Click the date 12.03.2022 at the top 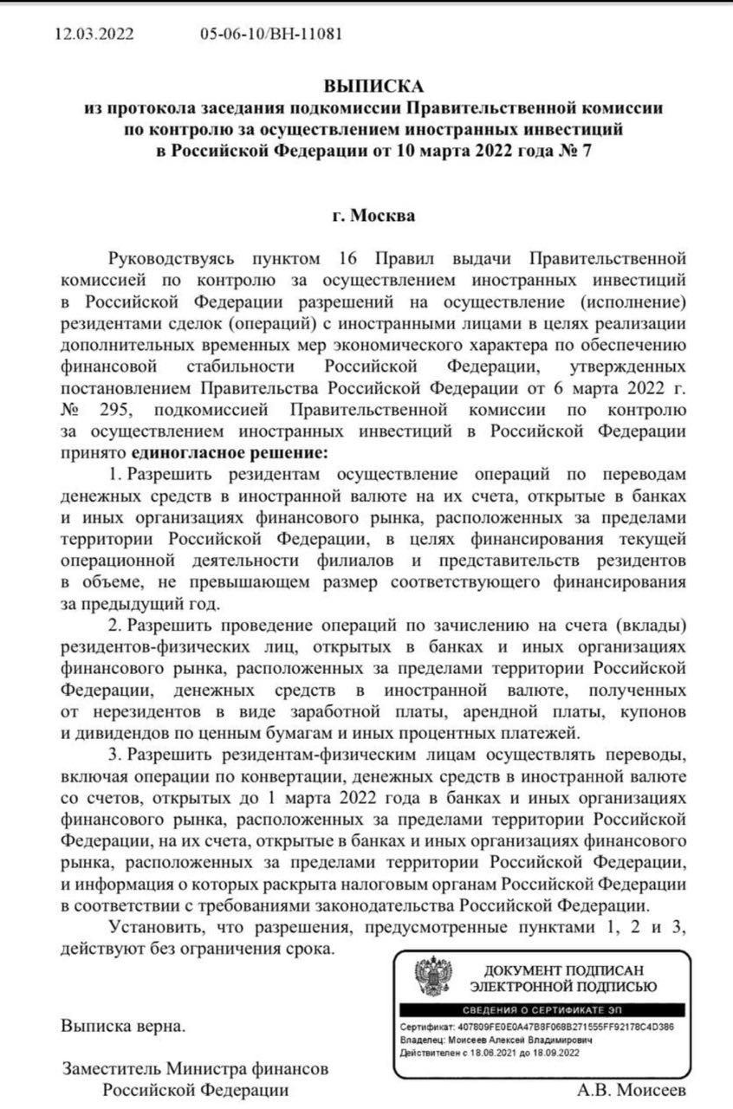pyautogui.click(x=94, y=35)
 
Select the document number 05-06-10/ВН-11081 pyautogui.click(x=270, y=35)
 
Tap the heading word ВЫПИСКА pyautogui.click(x=374, y=87)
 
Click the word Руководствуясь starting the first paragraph pyautogui.click(x=170, y=259)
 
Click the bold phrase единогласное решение pyautogui.click(x=230, y=452)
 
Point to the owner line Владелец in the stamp pyautogui.click(x=496, y=1040)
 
